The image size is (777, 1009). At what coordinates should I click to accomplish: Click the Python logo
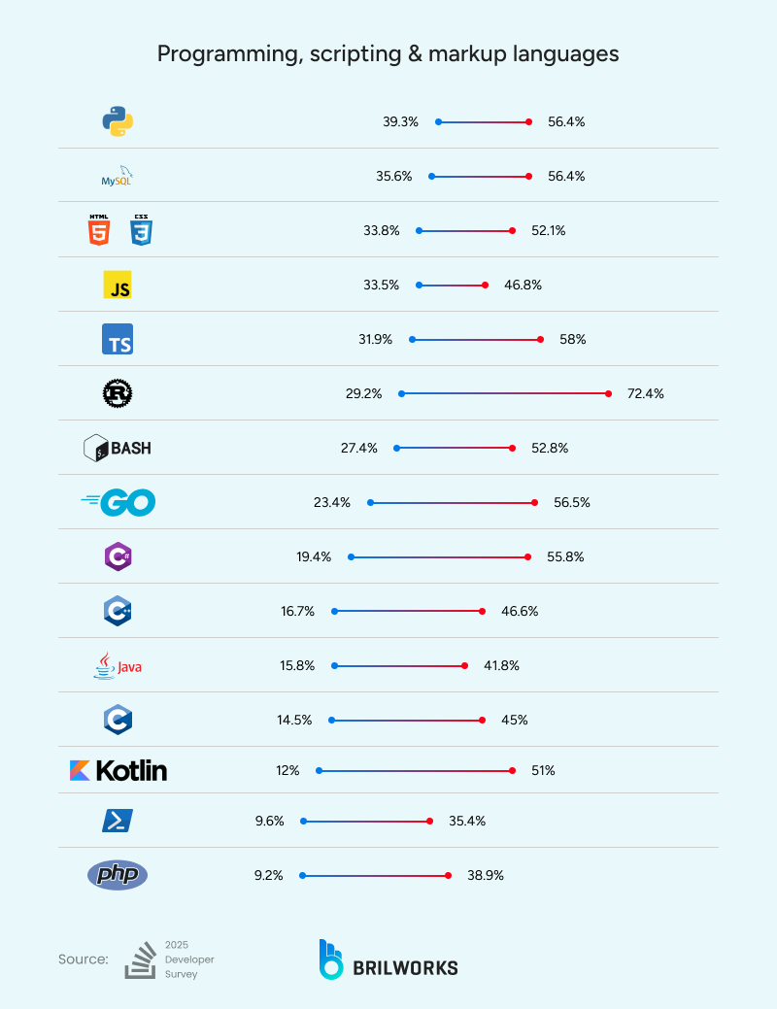point(118,121)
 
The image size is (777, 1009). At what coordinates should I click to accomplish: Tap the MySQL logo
point(118,177)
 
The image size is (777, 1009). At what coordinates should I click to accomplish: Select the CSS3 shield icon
point(141,231)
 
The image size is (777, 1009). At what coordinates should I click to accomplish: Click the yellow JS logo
point(118,285)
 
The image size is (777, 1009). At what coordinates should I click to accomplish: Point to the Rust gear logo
point(118,393)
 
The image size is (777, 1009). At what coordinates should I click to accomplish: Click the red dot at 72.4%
point(609,393)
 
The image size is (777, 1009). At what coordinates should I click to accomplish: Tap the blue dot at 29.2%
point(401,393)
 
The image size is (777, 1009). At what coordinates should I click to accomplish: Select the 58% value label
point(573,339)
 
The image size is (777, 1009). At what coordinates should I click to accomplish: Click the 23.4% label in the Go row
point(332,502)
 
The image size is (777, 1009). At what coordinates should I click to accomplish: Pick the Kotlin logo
point(118,770)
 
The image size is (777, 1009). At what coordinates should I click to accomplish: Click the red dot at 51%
point(513,770)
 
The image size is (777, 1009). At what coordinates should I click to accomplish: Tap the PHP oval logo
point(118,875)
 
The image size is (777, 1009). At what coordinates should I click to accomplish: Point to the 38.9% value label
point(486,875)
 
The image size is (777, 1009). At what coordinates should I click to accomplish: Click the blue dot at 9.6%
point(303,821)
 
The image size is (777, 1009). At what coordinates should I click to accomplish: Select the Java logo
point(118,665)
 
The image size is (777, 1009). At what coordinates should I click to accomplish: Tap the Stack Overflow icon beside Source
point(141,959)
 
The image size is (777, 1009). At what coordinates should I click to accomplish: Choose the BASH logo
point(118,448)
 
